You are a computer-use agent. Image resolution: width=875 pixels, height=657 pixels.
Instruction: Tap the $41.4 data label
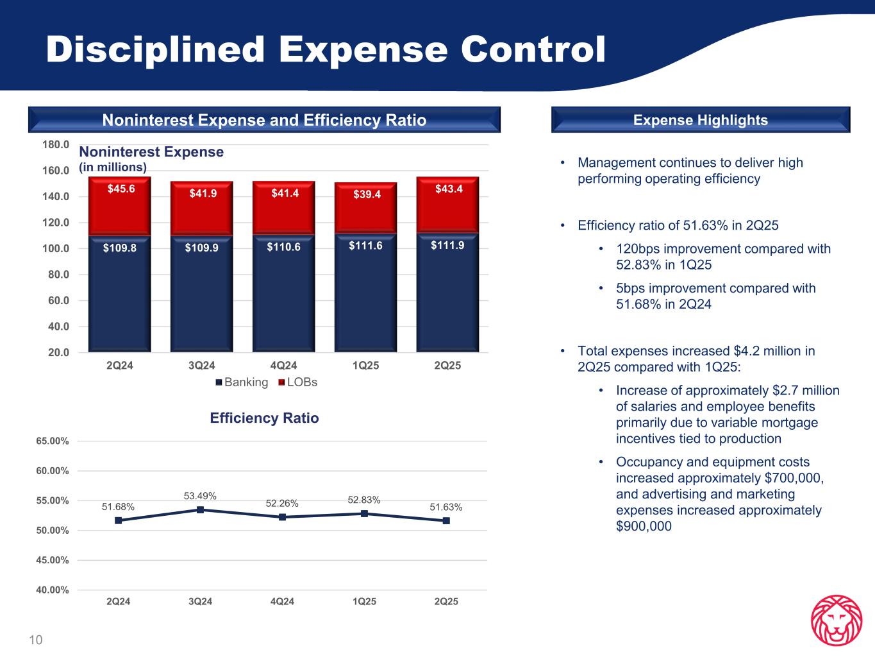click(284, 193)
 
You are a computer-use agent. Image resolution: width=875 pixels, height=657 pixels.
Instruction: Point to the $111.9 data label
click(447, 245)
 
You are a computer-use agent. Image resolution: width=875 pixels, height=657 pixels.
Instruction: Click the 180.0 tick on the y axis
click(56, 145)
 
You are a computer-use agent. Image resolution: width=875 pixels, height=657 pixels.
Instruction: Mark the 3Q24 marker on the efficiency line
click(200, 510)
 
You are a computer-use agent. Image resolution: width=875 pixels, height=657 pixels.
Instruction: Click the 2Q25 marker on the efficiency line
click(446, 521)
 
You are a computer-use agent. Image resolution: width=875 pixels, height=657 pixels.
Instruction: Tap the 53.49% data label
click(200, 496)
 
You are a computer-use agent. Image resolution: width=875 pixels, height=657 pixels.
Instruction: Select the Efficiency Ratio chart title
click(264, 418)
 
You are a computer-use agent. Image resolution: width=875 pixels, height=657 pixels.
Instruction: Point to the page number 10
click(35, 640)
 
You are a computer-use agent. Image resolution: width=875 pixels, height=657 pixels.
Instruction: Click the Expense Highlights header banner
click(700, 120)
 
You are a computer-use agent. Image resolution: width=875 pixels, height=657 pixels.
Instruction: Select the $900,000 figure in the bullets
click(644, 527)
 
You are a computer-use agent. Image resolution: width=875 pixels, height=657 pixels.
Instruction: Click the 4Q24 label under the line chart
click(282, 602)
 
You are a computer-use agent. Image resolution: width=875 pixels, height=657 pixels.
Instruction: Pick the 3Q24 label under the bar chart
click(201, 366)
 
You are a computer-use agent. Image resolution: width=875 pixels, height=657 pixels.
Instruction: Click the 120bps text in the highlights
click(639, 249)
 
